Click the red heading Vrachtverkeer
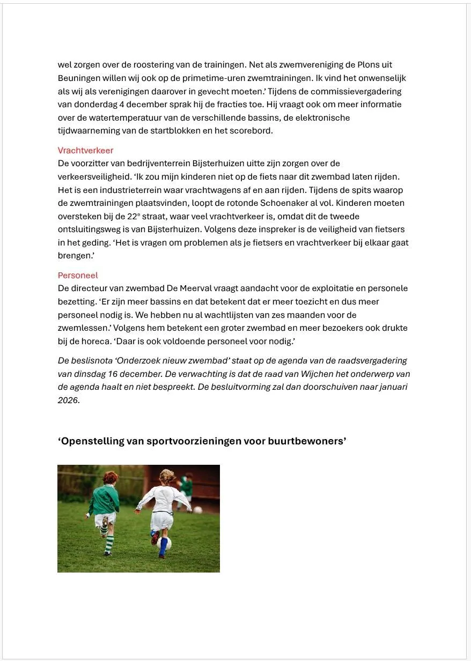click(85, 151)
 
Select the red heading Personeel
click(78, 276)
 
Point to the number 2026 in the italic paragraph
click(68, 400)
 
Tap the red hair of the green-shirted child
click(111, 477)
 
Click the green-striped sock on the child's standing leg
click(109, 543)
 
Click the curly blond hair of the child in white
click(167, 477)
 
